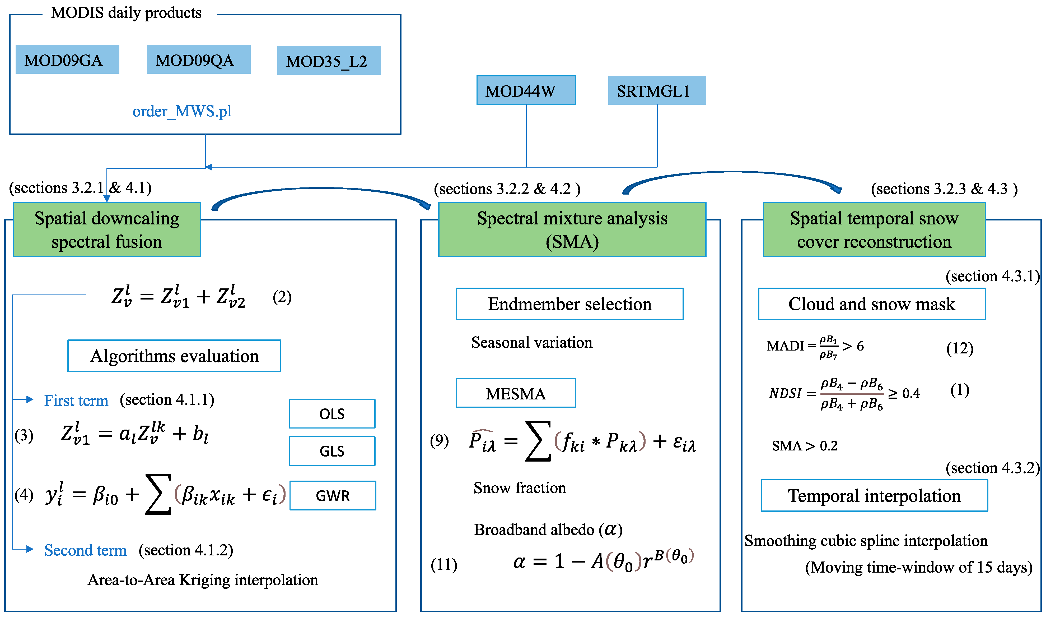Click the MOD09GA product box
[67, 59]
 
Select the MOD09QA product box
[199, 59]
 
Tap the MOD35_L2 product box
[329, 61]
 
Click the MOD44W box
[526, 90]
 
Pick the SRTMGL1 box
[656, 90]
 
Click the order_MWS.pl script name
[182, 112]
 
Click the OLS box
[332, 414]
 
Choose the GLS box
[332, 451]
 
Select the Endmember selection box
[569, 304]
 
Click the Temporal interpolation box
[874, 496]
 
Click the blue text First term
[76, 400]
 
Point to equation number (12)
[960, 348]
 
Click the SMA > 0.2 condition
[804, 446]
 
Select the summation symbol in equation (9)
[538, 441]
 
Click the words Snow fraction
[520, 488]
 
